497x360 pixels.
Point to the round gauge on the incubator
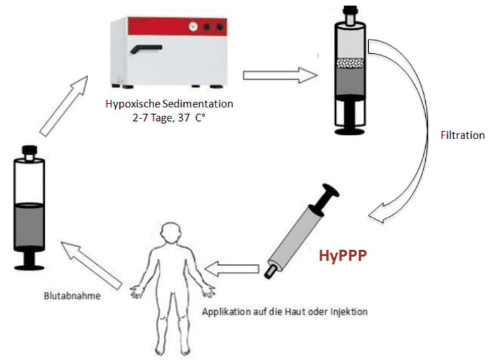(192, 28)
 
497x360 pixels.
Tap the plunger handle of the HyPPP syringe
(331, 194)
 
